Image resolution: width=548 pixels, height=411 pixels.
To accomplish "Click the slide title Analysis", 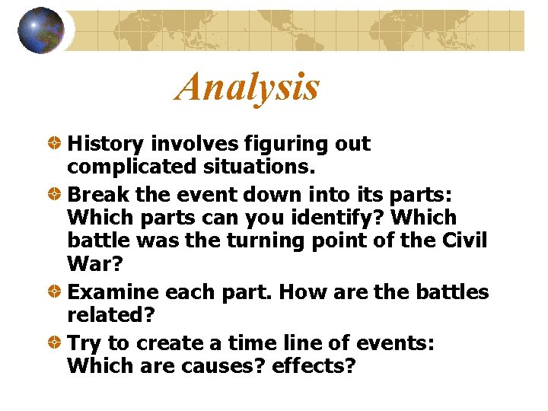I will pos(247,87).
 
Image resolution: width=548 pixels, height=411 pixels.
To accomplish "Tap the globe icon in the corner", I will pos(40,30).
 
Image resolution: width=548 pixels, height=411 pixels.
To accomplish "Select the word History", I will pos(107,144).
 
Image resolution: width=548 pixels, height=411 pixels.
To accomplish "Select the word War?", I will pos(91,263).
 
